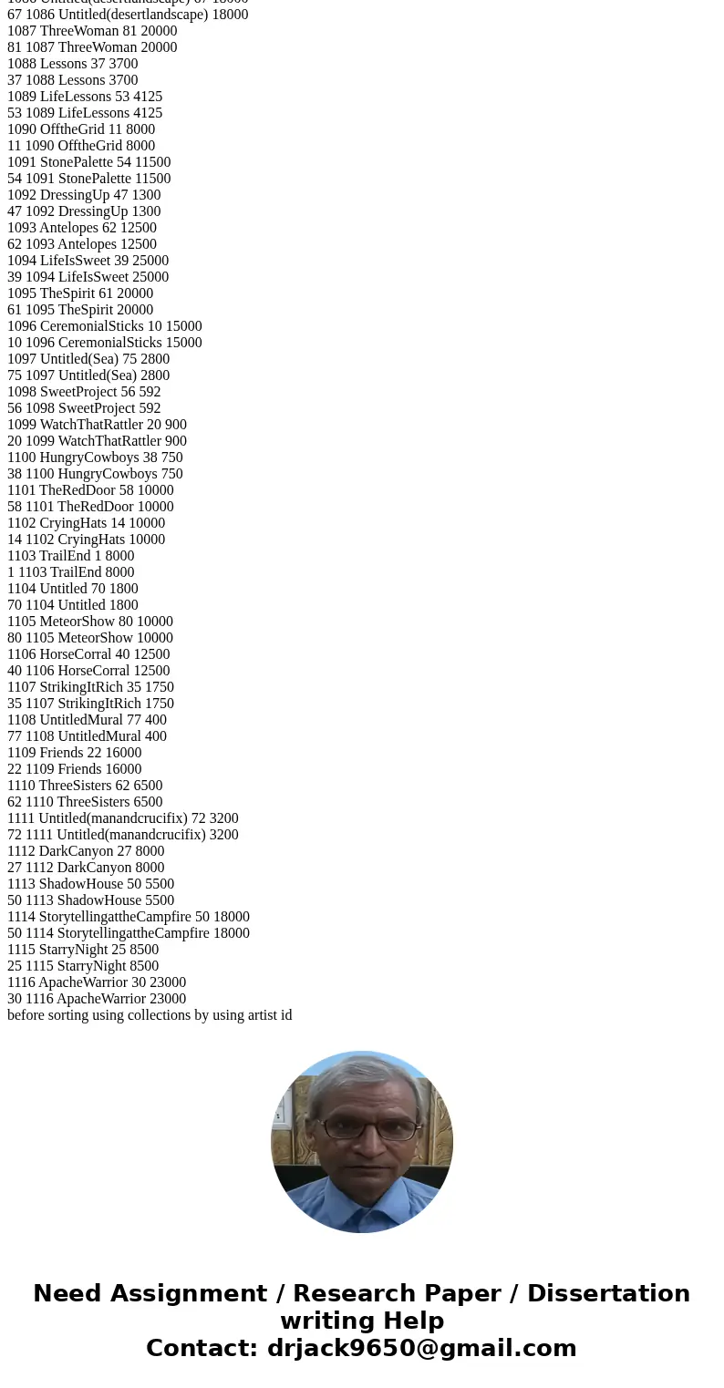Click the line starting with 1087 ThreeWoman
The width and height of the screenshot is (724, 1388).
coord(92,31)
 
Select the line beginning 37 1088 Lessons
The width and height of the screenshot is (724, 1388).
coord(73,80)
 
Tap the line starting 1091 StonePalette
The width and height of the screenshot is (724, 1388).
coord(89,162)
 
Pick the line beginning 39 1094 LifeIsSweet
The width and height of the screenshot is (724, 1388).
coord(88,277)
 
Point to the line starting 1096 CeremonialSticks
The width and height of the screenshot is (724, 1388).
coord(105,326)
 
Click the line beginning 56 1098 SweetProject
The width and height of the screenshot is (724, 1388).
coord(84,408)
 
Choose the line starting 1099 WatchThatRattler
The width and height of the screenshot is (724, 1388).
coord(97,425)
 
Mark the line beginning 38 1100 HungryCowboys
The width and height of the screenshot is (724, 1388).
coord(95,474)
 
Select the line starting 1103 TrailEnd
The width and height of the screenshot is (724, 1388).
coord(71,556)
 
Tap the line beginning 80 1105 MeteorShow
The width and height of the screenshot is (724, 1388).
coord(90,638)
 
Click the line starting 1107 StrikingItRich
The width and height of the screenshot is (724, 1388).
coord(90,687)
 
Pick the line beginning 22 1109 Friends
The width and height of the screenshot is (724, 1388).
coord(75,769)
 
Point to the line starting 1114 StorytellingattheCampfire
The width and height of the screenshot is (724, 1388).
coord(129,917)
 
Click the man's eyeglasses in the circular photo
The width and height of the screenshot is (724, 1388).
coord(368,1129)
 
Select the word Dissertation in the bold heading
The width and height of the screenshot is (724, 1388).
coord(608,1294)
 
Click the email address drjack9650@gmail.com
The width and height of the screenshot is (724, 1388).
coord(421,1349)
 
